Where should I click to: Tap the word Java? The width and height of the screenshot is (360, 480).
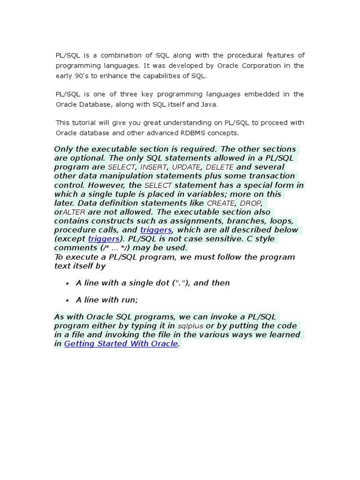point(210,104)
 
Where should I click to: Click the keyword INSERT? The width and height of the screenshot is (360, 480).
point(153,167)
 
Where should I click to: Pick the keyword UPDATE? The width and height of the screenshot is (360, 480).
point(186,167)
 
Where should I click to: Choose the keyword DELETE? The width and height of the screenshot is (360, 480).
point(219,167)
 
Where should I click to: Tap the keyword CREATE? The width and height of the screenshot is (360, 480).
point(221,203)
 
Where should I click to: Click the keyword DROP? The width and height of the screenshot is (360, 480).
point(250,203)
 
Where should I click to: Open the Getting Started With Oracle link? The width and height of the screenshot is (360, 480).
point(121,344)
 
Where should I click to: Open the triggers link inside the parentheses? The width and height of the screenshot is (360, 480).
point(104,239)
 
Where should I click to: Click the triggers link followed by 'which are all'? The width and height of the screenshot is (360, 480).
point(156,230)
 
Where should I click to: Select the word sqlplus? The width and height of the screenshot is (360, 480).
point(190,326)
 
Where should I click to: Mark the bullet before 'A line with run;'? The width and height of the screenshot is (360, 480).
point(67,300)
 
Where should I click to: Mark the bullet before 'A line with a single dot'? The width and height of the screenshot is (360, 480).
point(67,284)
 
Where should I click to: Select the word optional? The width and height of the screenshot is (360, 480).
point(88,158)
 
